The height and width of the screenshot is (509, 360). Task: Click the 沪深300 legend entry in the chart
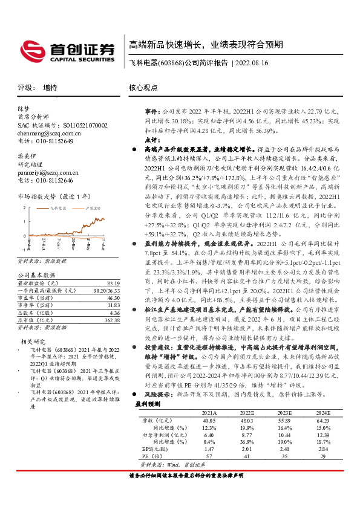(x=94, y=207)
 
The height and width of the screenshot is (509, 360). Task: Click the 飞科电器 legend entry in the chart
(x=57, y=207)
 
